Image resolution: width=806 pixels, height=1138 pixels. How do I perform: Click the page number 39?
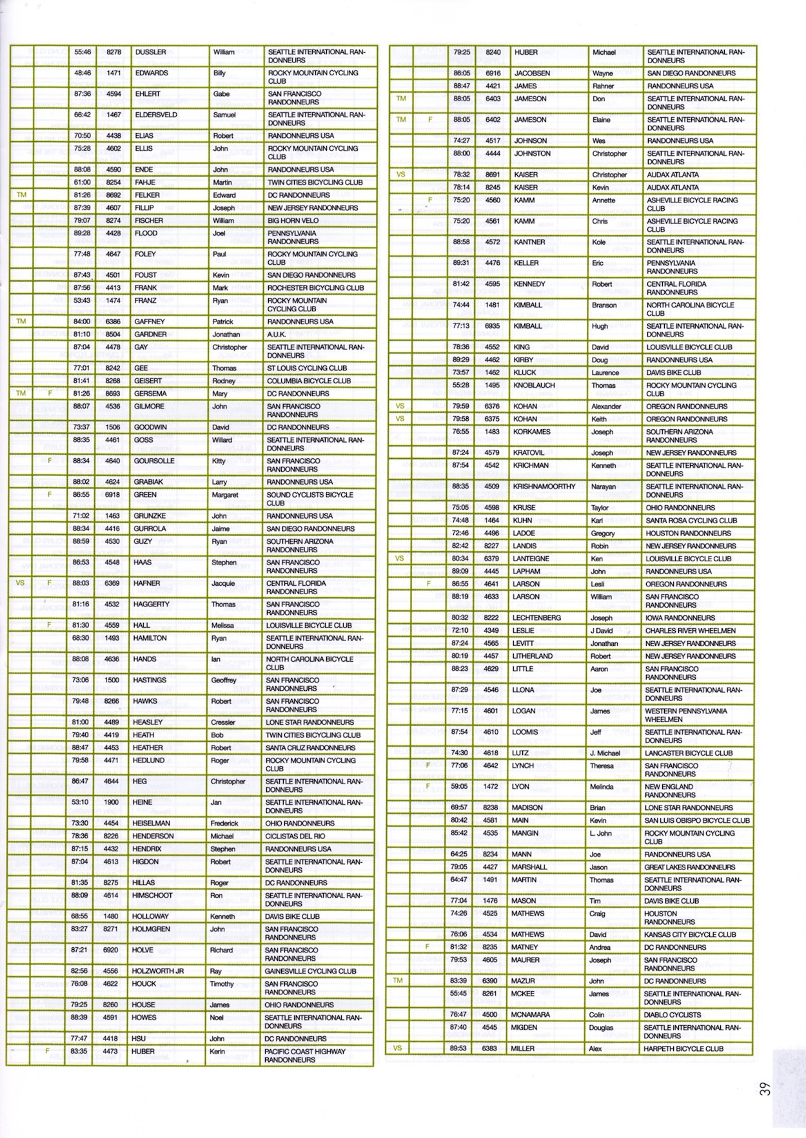click(765, 1089)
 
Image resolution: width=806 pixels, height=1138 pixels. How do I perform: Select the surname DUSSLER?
click(150, 52)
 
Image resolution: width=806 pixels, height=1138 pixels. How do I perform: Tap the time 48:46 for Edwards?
click(83, 73)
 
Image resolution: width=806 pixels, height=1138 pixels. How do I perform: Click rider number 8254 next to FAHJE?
click(113, 182)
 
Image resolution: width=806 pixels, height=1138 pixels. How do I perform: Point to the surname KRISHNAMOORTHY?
click(544, 487)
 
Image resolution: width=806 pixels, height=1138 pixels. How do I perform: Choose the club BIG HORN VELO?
click(293, 220)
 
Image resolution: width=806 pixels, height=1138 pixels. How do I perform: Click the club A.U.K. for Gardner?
click(281, 334)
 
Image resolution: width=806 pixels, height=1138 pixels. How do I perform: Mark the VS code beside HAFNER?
click(20, 583)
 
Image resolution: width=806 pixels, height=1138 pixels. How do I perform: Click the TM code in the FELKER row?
click(21, 195)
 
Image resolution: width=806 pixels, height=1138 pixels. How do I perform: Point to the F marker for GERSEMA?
click(50, 393)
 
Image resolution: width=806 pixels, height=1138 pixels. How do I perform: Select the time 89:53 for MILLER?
click(458, 1048)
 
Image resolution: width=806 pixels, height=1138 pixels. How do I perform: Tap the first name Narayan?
click(604, 487)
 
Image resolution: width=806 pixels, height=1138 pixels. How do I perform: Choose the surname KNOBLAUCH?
click(535, 385)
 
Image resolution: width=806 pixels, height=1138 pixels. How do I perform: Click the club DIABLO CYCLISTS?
click(671, 1014)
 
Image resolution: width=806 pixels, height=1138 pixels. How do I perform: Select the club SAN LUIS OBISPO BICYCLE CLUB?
click(697, 820)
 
